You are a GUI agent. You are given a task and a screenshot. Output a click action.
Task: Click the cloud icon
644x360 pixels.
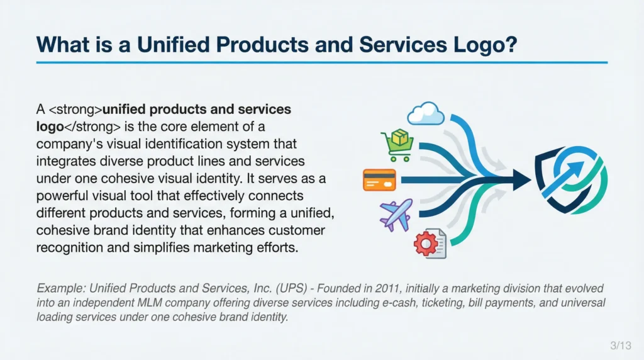[x=426, y=113]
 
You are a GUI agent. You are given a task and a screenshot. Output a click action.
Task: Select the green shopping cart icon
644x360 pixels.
[x=397, y=145]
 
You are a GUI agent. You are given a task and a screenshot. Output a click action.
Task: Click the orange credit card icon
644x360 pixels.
[x=379, y=180]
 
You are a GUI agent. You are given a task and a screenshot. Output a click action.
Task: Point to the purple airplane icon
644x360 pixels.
[x=396, y=215]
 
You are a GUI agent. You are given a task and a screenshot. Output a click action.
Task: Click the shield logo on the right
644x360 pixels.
[x=571, y=179]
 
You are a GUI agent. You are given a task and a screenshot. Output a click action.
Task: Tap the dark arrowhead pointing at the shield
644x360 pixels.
[x=521, y=179]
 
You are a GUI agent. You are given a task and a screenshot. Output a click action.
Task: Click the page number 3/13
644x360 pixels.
[x=621, y=345]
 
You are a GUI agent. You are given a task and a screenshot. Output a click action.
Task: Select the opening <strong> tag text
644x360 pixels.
[x=75, y=110]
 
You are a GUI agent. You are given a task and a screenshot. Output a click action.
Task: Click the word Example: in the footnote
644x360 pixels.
[x=61, y=288]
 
